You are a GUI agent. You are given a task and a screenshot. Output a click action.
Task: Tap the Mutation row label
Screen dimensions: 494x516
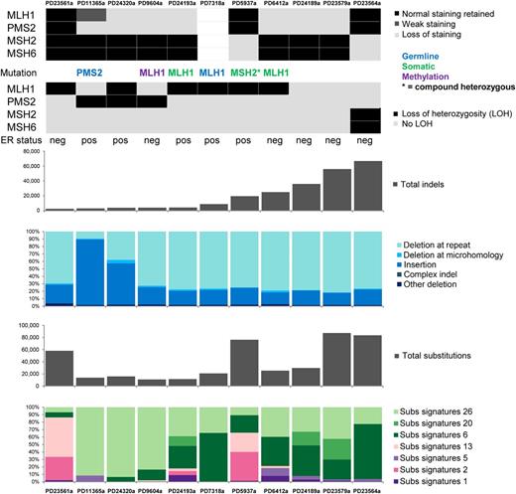click(x=21, y=74)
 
